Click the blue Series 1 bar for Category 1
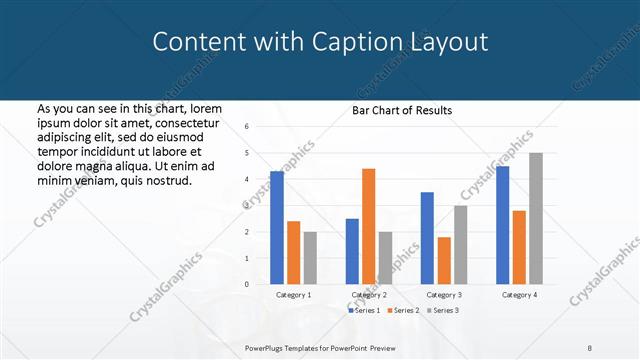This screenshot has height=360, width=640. click(277, 228)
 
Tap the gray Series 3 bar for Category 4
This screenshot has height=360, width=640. click(536, 218)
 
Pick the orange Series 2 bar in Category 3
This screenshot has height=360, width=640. click(443, 260)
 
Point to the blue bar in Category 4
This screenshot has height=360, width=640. click(502, 225)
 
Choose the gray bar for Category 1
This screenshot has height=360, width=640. click(310, 258)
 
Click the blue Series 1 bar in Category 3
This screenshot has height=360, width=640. click(427, 238)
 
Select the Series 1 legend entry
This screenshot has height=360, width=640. click(365, 311)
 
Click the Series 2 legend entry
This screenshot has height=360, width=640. click(403, 311)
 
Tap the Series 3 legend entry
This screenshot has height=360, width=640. click(442, 311)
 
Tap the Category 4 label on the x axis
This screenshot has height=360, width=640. click(519, 295)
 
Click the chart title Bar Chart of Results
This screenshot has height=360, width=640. click(402, 110)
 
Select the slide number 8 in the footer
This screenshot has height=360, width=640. click(590, 347)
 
